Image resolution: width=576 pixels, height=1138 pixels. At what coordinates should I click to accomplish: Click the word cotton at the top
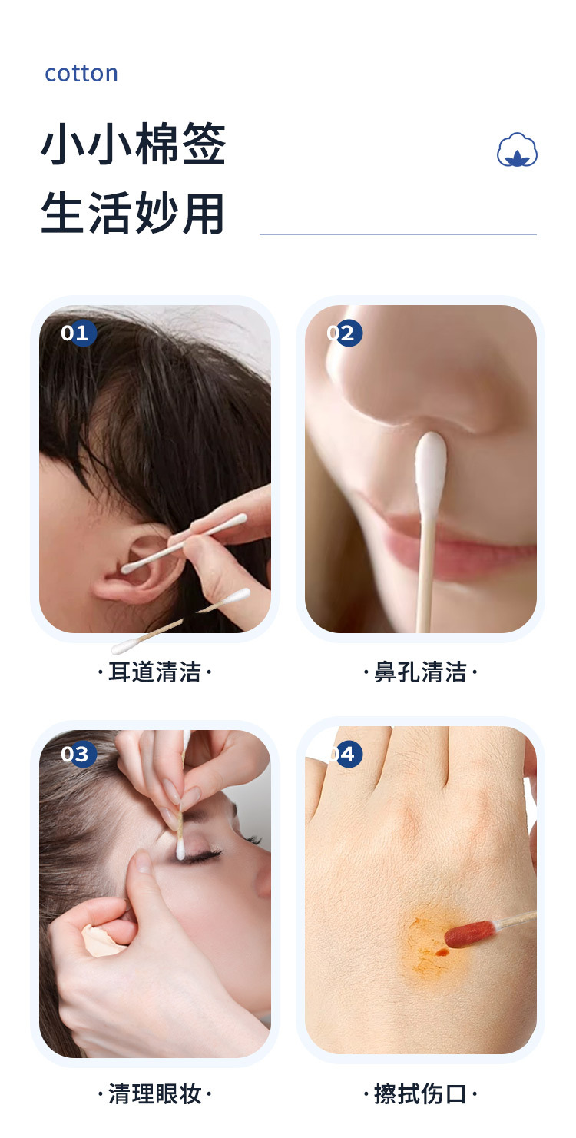point(81,74)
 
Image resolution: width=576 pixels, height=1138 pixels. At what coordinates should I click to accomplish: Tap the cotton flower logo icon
point(517,150)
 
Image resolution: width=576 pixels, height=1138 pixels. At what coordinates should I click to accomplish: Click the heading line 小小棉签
point(133,143)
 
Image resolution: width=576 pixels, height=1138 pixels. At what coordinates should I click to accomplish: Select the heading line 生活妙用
point(132,213)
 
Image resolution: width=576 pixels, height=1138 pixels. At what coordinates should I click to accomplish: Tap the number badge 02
point(344,333)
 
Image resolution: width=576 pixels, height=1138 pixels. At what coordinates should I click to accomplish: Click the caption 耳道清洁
point(154,672)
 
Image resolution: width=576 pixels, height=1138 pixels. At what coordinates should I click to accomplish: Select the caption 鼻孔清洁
point(420,672)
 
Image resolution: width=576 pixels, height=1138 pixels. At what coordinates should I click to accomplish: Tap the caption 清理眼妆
point(154,1093)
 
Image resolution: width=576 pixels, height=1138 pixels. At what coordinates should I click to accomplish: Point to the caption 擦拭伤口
point(420,1093)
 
